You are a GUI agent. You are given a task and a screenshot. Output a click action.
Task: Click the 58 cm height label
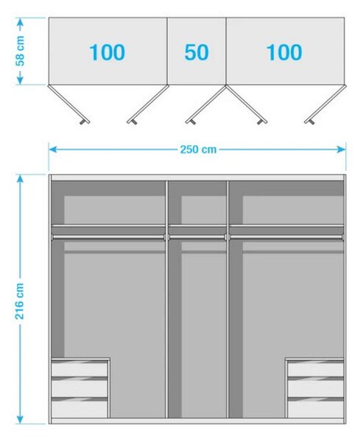click(x=20, y=51)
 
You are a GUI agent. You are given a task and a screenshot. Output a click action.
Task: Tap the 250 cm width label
click(x=198, y=150)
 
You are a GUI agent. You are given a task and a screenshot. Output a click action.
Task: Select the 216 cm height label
click(x=19, y=301)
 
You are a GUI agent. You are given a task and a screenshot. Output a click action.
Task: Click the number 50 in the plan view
click(x=197, y=52)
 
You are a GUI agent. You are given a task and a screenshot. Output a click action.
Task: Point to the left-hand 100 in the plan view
click(x=107, y=52)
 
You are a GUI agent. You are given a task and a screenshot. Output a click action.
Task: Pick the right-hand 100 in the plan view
click(x=284, y=52)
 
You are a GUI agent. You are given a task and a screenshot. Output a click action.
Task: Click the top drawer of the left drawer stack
click(x=80, y=369)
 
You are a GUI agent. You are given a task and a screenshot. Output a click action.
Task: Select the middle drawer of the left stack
click(x=80, y=389)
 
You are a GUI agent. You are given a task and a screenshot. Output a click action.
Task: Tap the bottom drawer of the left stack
click(x=80, y=409)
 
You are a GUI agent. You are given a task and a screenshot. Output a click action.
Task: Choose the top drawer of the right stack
click(x=316, y=369)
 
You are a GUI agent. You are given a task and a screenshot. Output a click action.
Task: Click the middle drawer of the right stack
click(x=316, y=389)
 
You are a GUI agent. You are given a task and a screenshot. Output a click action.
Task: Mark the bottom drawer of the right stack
click(x=316, y=409)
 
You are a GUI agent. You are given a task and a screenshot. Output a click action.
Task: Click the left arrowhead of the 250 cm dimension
click(x=52, y=150)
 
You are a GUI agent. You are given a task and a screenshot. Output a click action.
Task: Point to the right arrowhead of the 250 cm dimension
click(x=342, y=150)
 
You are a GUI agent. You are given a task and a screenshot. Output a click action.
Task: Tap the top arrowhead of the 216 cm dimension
click(x=20, y=179)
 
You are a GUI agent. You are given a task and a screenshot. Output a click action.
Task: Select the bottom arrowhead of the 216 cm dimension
click(x=20, y=419)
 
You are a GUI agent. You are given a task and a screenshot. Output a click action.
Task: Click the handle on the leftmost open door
click(x=82, y=122)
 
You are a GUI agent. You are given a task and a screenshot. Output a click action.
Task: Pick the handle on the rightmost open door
click(x=312, y=122)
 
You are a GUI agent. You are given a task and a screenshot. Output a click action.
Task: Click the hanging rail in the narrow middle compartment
click(x=197, y=237)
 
